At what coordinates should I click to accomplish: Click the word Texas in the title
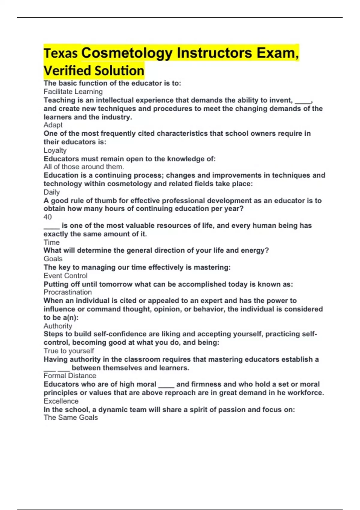pyautogui.click(x=61, y=53)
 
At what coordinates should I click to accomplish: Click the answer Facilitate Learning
pyautogui.click(x=73, y=92)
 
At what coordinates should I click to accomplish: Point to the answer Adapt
pyautogui.click(x=53, y=125)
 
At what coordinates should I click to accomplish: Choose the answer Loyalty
pyautogui.click(x=55, y=150)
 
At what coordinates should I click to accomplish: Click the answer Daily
pyautogui.click(x=52, y=192)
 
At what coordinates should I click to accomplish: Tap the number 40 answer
pyautogui.click(x=48, y=217)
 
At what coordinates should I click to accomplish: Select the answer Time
pyautogui.click(x=52, y=242)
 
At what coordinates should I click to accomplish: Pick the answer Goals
pyautogui.click(x=53, y=259)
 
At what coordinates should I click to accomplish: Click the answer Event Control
pyautogui.click(x=65, y=276)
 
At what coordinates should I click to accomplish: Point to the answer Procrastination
pyautogui.click(x=68, y=292)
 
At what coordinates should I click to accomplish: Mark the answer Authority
pyautogui.click(x=58, y=326)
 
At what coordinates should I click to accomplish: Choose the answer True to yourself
pyautogui.click(x=69, y=351)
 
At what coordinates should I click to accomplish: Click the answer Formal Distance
pyautogui.click(x=70, y=376)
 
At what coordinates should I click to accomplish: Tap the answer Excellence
pyautogui.click(x=61, y=401)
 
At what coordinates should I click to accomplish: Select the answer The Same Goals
pyautogui.click(x=71, y=418)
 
